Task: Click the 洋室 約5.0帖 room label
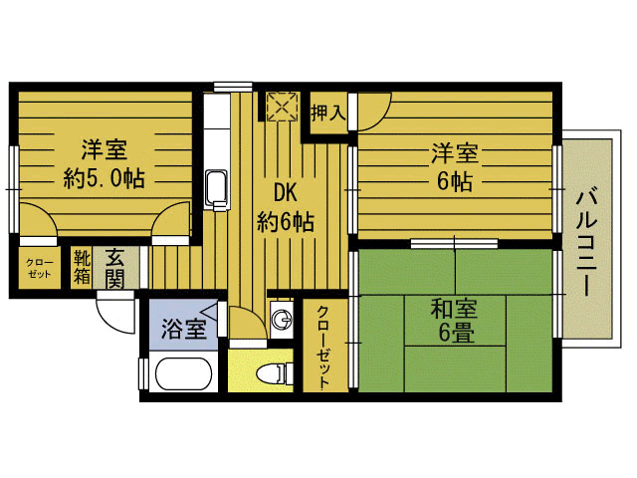click(x=103, y=164)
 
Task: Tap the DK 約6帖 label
click(x=285, y=207)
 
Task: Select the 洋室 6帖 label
click(x=454, y=166)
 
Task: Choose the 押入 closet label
click(x=327, y=113)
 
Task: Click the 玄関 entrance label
click(x=113, y=267)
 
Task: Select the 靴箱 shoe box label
click(x=82, y=267)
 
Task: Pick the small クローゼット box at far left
click(x=40, y=267)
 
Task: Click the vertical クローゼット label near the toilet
click(x=324, y=348)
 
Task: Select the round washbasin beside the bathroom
click(x=283, y=320)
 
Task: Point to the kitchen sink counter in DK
click(x=216, y=179)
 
